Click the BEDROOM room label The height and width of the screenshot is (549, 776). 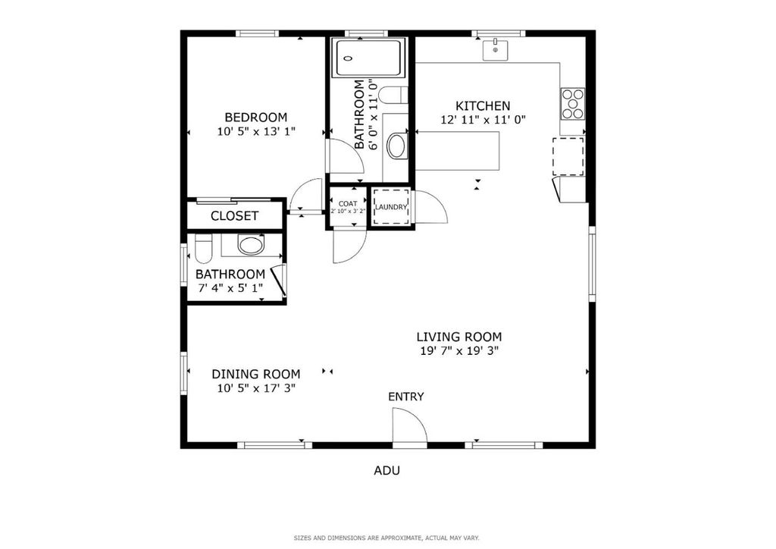tap(256, 118)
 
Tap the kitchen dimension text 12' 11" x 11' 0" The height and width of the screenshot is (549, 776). tap(483, 120)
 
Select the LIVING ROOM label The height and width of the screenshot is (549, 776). tap(458, 337)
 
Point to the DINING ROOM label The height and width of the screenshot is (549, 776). tap(256, 375)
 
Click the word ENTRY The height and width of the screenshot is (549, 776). tap(406, 397)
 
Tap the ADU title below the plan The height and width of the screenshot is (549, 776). tap(386, 470)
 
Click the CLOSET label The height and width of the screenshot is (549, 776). tap(235, 216)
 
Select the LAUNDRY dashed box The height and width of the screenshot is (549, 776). tap(391, 206)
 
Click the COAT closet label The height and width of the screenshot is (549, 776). tap(348, 203)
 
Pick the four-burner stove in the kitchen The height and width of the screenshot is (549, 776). tap(573, 103)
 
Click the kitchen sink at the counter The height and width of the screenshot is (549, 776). tap(496, 50)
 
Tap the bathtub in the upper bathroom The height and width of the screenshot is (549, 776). tap(369, 58)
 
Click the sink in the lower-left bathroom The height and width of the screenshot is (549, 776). tap(250, 244)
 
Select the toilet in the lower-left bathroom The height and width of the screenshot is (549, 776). tap(203, 249)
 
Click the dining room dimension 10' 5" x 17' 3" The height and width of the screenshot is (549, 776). tap(256, 388)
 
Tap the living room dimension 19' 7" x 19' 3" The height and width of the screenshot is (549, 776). tap(458, 351)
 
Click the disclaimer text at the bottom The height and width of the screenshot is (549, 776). tap(386, 538)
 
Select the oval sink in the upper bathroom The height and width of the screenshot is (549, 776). tap(397, 146)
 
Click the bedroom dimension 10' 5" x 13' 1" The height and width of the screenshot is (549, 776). tap(256, 131)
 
